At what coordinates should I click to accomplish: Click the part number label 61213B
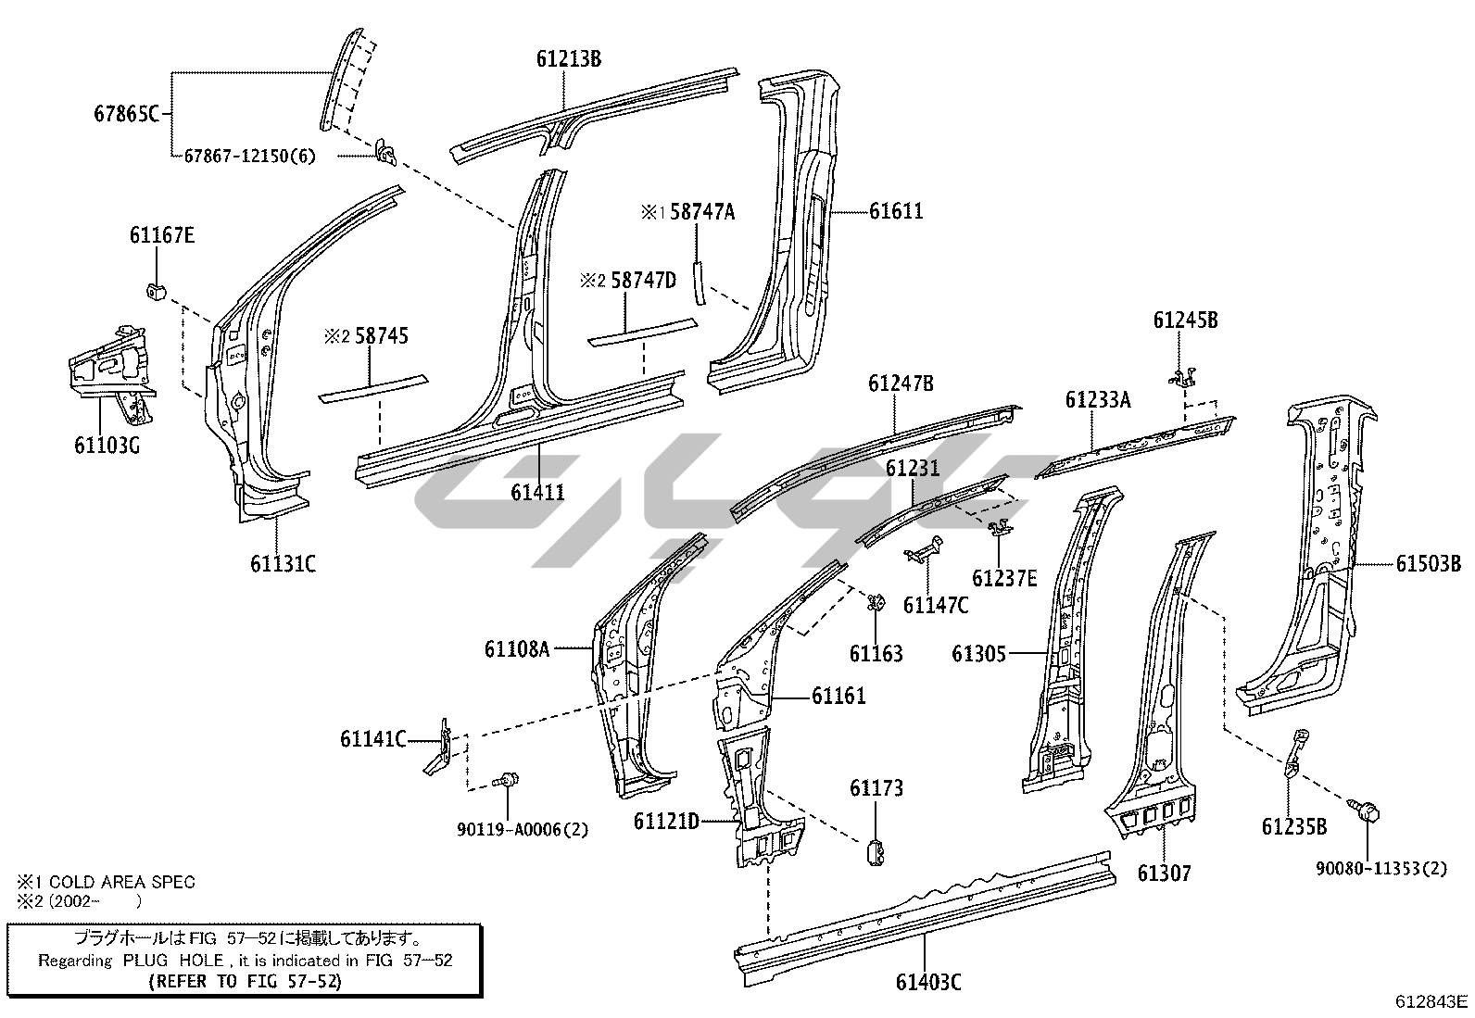[x=568, y=58]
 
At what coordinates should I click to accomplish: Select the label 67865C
[x=127, y=115]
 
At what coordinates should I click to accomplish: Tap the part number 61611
[x=896, y=211]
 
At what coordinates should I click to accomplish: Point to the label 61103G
[x=107, y=445]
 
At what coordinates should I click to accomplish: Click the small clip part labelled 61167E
[x=155, y=291]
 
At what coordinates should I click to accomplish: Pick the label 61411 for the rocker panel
[x=537, y=492]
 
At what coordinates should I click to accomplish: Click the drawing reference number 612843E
[x=1431, y=1001]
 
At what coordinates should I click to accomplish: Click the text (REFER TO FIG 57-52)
[x=245, y=981]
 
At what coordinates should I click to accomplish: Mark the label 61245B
[x=1185, y=320]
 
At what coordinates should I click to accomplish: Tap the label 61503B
[x=1429, y=563]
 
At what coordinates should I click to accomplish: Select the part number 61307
[x=1165, y=873]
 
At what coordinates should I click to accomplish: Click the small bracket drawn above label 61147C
[x=923, y=550]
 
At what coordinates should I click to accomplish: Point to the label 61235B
[x=1294, y=826]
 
